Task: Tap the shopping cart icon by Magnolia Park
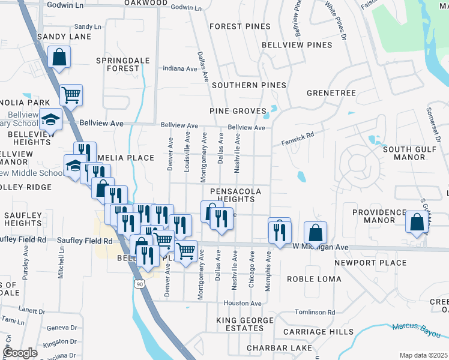[71, 94]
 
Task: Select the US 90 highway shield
[139, 283]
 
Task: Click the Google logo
[20, 353]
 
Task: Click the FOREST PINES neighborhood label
[237, 26]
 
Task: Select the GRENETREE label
[331, 93]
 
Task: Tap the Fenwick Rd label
[298, 140]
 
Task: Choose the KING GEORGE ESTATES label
[240, 324]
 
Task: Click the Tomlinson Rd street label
[315, 313]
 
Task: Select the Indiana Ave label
[180, 69]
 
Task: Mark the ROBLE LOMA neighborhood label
[314, 279]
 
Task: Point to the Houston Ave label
[243, 304]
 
